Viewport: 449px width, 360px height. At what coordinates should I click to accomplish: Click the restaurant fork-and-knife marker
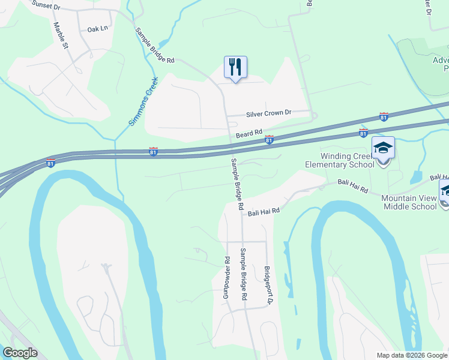[x=235, y=67]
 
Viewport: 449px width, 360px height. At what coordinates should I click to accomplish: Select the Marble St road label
[x=62, y=37]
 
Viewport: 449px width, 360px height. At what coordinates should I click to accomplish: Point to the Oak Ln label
[x=97, y=29]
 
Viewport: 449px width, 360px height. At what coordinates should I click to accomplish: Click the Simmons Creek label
[x=143, y=101]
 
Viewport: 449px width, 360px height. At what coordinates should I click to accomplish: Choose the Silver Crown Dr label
[x=268, y=113]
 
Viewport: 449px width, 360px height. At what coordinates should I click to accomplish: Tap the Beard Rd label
[x=249, y=133]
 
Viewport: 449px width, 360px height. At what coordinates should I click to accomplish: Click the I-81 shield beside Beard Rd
[x=270, y=139]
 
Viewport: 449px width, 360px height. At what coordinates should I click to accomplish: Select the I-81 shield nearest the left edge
[x=50, y=162]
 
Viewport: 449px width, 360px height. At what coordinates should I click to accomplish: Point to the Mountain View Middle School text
[x=409, y=202]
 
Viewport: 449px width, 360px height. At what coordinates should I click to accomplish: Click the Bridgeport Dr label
[x=268, y=286]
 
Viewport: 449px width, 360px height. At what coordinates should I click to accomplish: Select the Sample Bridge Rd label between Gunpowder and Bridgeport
[x=244, y=274]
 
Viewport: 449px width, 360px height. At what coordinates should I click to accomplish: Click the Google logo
[x=20, y=353]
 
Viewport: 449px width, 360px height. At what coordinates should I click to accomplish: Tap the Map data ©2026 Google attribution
[x=411, y=355]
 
